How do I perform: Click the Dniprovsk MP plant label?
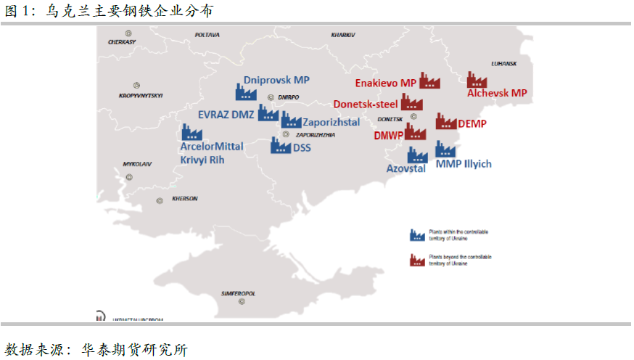[276, 80]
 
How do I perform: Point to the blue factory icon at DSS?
[281, 146]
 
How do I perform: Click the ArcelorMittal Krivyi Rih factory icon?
[192, 132]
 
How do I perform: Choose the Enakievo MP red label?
[385, 83]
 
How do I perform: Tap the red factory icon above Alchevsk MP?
[477, 80]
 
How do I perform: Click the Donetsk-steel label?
[366, 104]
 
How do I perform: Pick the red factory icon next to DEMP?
[445, 121]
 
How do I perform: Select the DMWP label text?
[388, 135]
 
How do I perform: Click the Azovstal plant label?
[405, 168]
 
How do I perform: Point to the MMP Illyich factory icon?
[445, 150]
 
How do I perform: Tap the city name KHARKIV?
[343, 34]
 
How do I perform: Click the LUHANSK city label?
[503, 63]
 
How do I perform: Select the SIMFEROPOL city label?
[239, 294]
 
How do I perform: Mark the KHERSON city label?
[185, 198]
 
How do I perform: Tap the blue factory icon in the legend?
[416, 234]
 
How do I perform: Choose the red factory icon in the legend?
[416, 259]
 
